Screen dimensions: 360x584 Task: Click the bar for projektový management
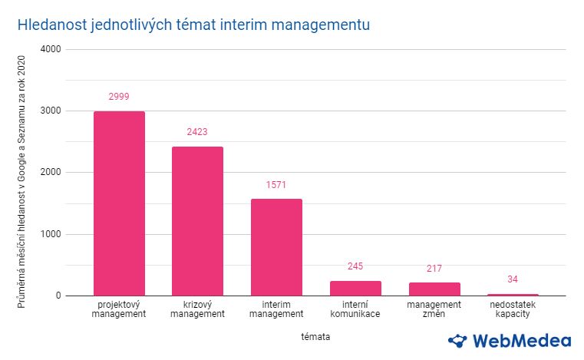coord(119,203)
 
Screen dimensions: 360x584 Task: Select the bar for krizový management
coord(197,221)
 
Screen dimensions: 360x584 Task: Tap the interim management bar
coord(276,247)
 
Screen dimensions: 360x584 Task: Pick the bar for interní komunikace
coord(355,288)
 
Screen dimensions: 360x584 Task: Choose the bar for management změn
coord(434,289)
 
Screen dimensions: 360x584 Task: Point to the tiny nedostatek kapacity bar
coord(513,294)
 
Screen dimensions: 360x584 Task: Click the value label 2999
coord(119,97)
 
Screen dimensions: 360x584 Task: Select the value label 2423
coord(197,132)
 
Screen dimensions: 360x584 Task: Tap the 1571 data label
coord(276,185)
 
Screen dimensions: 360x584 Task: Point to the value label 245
coord(355,266)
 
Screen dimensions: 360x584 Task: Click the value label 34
coord(513,279)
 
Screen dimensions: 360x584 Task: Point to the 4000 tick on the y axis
coord(51,49)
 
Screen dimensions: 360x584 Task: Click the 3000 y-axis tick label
coord(51,111)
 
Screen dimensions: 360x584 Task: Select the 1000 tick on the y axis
coord(51,234)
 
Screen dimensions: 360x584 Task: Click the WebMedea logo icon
coord(457,340)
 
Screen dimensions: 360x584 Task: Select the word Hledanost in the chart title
coord(50,25)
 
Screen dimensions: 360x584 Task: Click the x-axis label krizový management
coord(197,309)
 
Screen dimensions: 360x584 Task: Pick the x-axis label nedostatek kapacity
coord(513,309)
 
